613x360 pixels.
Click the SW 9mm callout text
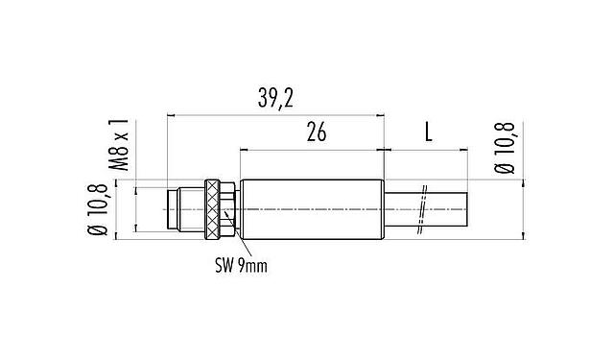point(240,265)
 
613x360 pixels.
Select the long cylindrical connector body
point(311,208)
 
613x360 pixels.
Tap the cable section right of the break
point(447,209)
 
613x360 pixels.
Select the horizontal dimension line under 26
point(312,150)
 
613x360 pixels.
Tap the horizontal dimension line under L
point(427,150)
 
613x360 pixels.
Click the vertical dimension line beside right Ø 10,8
point(522,208)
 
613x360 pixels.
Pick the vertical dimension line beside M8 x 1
point(137,208)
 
